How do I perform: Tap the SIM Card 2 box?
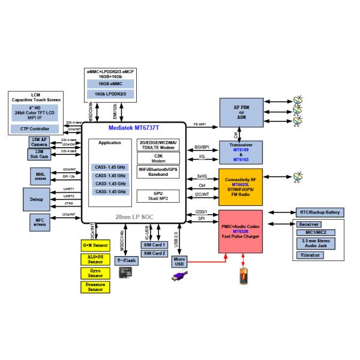pyautogui.click(x=154, y=254)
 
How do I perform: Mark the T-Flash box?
pyautogui.click(x=127, y=260)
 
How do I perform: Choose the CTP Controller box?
pyautogui.click(x=40, y=128)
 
